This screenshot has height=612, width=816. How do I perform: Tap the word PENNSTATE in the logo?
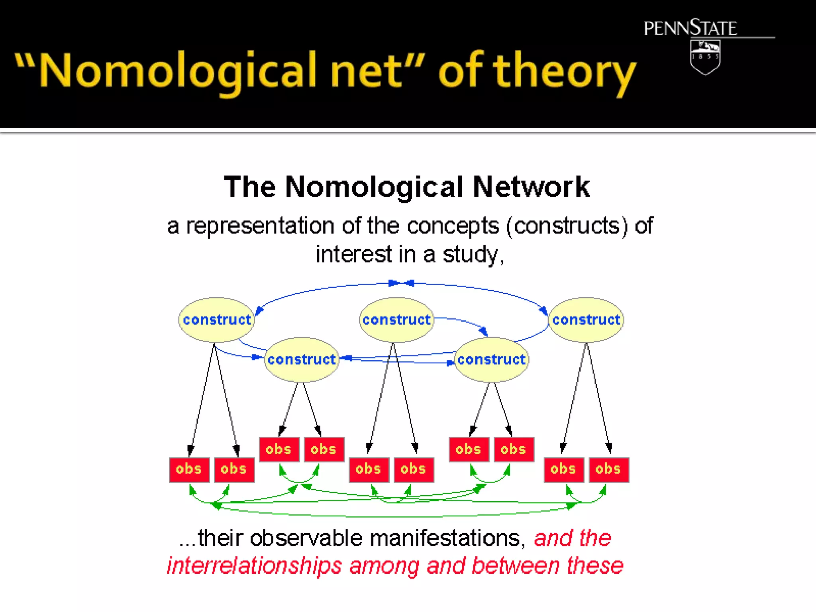[690, 28]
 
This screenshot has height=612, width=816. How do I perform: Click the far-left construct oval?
[216, 320]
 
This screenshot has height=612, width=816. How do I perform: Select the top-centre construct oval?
[396, 320]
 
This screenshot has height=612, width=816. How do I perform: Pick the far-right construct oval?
[586, 320]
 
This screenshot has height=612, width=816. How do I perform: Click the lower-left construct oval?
[302, 359]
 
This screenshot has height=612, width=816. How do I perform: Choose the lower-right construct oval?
[491, 359]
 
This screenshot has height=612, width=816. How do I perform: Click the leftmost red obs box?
[189, 469]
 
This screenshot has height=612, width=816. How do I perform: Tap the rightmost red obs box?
[608, 469]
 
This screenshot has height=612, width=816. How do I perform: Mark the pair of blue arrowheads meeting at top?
[401, 283]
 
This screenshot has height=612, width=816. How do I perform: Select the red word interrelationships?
[254, 566]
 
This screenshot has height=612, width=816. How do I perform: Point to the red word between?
[516, 566]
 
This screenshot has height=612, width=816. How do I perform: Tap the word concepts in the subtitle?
[453, 226]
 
